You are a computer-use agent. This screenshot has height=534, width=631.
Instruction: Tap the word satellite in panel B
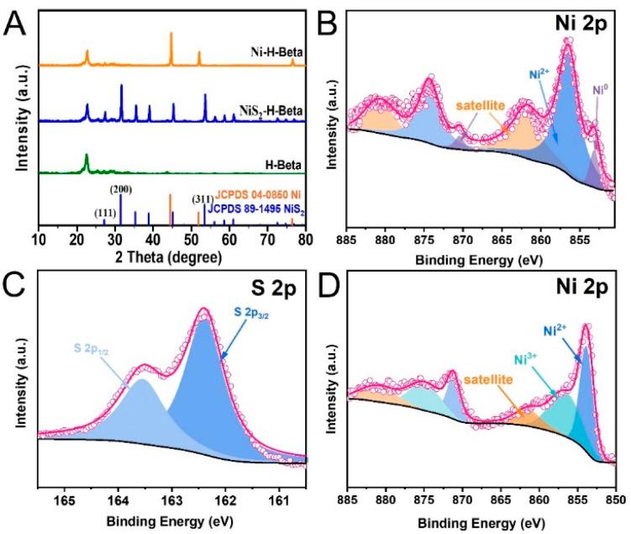click(x=482, y=107)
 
